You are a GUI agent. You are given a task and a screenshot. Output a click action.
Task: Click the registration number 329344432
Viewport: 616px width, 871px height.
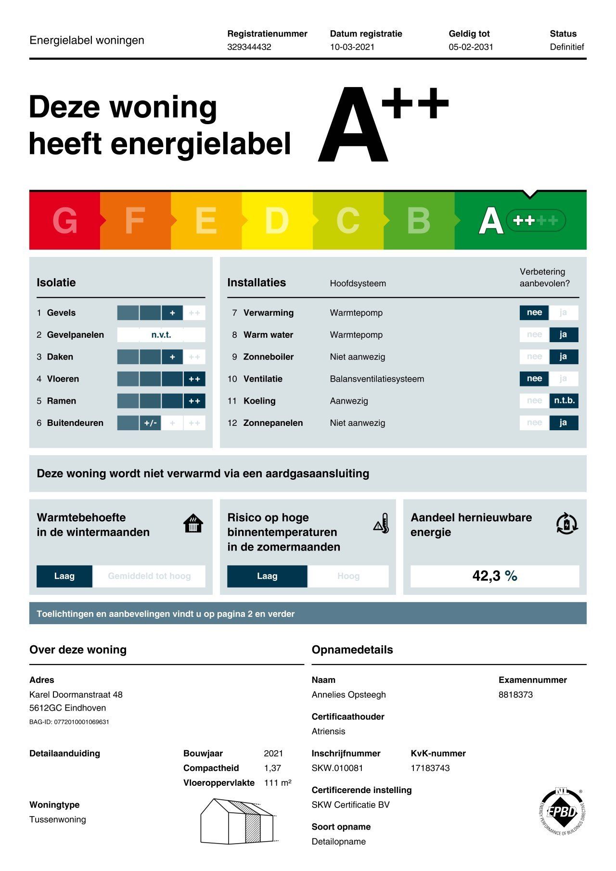coord(249,47)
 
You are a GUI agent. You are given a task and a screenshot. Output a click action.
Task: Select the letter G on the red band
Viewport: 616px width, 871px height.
coord(64,221)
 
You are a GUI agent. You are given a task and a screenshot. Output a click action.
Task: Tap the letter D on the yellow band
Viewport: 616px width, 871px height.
coord(277,221)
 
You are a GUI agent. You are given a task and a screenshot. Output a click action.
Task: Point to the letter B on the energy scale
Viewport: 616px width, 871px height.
coord(418,221)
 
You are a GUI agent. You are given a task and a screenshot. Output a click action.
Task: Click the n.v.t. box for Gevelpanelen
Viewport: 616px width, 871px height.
coord(161,334)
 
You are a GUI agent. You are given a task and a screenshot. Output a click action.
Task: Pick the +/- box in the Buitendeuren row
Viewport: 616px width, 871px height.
coord(150,423)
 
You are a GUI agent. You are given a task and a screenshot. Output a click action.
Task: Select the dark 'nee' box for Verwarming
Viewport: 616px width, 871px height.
coord(534,312)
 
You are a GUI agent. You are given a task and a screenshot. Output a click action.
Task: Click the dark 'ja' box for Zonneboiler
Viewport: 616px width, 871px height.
coord(563,357)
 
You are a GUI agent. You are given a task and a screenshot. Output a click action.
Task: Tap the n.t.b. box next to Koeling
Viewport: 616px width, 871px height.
coord(564,400)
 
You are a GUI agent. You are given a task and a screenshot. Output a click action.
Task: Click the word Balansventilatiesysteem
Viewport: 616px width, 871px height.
coord(377,379)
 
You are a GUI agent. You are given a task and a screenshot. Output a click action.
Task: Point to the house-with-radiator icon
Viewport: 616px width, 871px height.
coord(193,524)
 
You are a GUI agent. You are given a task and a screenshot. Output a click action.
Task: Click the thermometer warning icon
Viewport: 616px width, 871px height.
coord(381,524)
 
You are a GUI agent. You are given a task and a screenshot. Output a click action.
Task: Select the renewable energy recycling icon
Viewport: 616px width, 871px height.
coord(566,524)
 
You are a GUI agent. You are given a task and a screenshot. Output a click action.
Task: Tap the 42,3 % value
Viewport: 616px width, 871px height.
coord(494,576)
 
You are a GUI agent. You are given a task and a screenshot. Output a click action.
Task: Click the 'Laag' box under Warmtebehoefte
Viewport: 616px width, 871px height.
coord(64,576)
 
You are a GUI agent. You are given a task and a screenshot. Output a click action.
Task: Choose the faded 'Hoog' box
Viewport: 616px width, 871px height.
coord(348,576)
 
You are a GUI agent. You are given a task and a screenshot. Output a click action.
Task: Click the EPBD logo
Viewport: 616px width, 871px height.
coord(562,812)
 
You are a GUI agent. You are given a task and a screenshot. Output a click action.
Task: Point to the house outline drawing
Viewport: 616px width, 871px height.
coord(238,821)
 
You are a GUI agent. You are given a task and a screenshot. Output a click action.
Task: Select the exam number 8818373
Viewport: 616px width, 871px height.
coord(515,694)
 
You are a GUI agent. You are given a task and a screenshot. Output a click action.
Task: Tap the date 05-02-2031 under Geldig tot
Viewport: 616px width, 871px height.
coord(471,47)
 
